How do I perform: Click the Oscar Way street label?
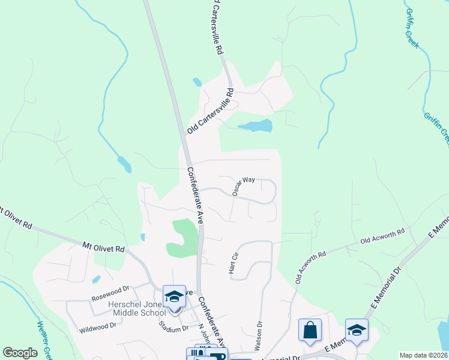244,186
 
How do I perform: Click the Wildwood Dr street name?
98,328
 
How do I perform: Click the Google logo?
20,353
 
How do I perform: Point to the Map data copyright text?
424,355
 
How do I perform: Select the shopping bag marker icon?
310,331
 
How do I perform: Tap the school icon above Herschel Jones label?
175,296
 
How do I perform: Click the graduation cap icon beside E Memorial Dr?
357,331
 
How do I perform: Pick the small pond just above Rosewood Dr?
96,280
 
